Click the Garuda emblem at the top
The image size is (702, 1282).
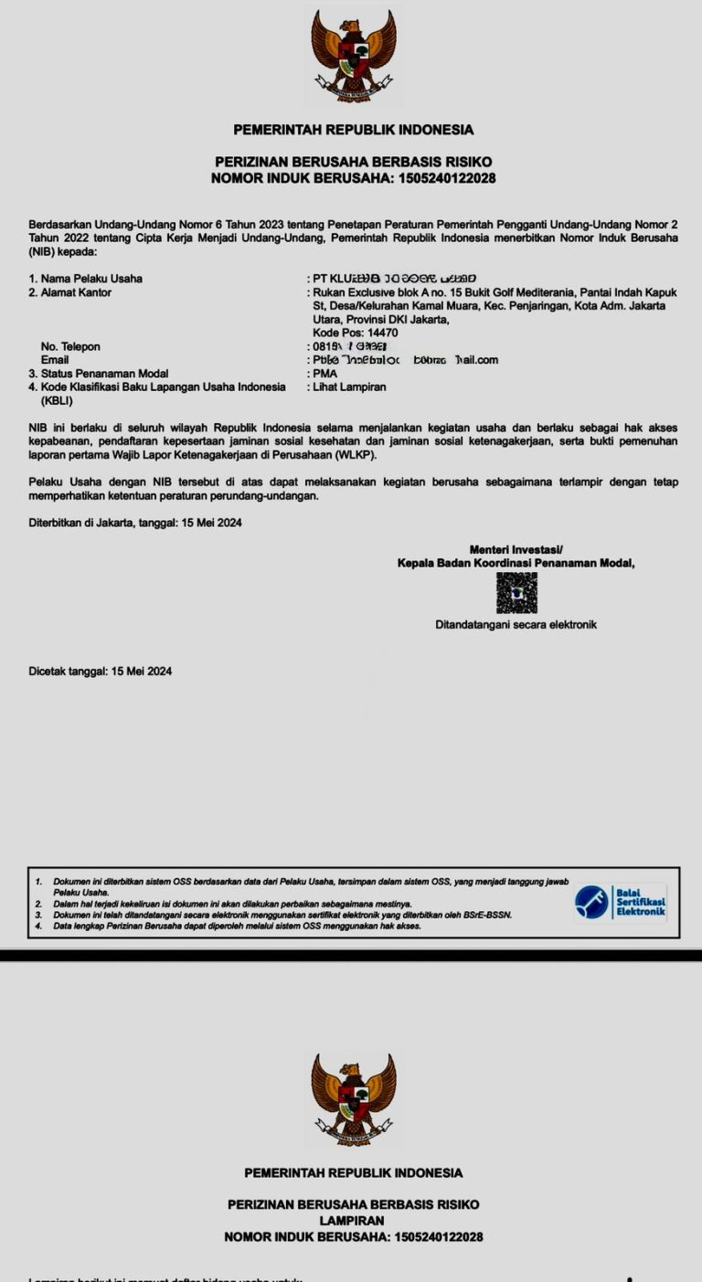(x=352, y=54)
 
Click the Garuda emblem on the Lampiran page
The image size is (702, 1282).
(x=353, y=1098)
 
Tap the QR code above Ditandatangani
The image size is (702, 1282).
(x=516, y=593)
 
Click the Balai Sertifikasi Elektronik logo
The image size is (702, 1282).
(x=621, y=902)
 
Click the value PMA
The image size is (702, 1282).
(x=325, y=374)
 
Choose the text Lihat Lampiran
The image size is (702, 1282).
(x=349, y=387)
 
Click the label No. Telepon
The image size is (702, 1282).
(x=70, y=346)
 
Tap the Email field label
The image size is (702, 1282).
(x=55, y=360)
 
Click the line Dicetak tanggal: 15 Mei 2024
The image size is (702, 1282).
(x=101, y=672)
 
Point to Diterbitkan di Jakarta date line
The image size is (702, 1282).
(x=135, y=524)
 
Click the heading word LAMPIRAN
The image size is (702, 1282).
(x=352, y=1221)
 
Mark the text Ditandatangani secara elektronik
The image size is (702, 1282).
(x=516, y=625)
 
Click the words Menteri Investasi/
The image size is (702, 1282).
(x=516, y=549)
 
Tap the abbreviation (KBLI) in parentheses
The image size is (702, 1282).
(x=57, y=400)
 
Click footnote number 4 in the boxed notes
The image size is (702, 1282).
(x=38, y=926)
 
